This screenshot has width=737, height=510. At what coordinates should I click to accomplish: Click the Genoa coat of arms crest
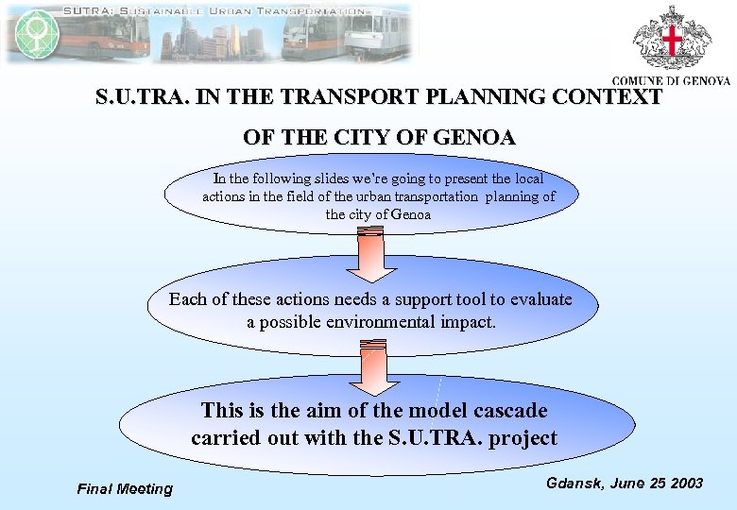[672, 39]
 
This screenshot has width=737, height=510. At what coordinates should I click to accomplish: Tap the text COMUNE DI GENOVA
[671, 81]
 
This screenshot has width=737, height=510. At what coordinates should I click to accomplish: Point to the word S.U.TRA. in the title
[137, 97]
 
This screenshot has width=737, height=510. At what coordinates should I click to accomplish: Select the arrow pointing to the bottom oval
[375, 370]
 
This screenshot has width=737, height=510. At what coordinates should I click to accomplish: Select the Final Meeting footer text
[125, 488]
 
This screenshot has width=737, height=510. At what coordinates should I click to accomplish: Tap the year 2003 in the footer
[684, 483]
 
